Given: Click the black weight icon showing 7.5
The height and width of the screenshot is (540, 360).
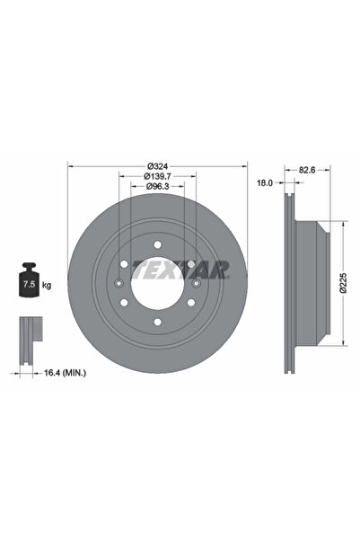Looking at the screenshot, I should (x=29, y=281).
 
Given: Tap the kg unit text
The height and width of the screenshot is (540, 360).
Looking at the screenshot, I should (x=46, y=285).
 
